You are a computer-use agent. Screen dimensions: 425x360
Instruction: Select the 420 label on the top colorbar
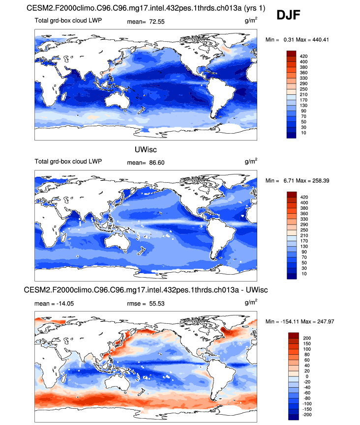pos(303,57)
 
